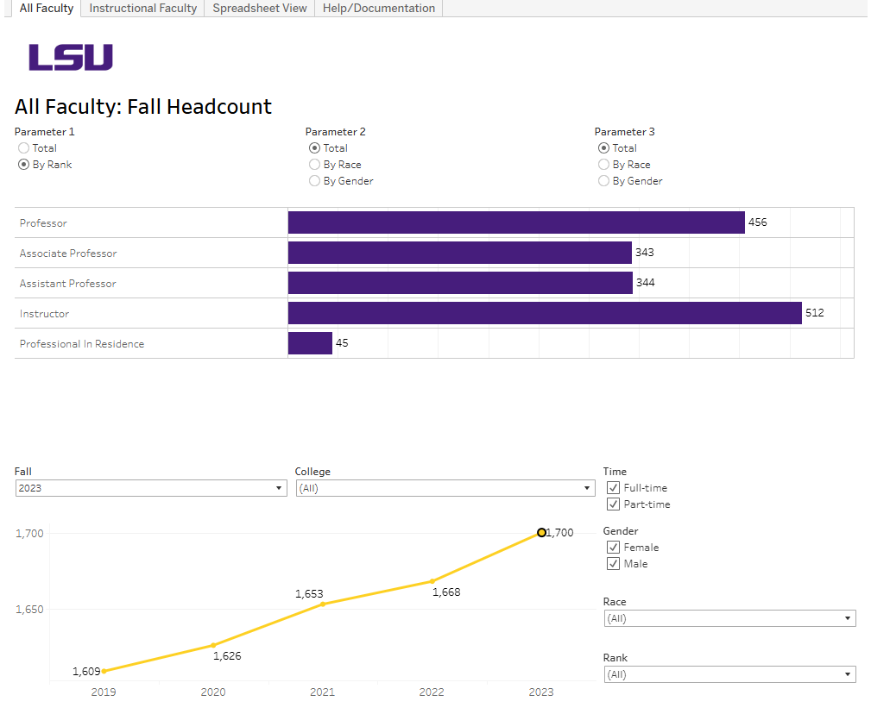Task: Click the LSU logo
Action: (71, 58)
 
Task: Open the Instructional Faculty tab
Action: (143, 9)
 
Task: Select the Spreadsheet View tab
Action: (260, 9)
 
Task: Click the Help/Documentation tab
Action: (379, 9)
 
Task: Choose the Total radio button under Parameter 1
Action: (24, 148)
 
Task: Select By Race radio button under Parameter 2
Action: (315, 165)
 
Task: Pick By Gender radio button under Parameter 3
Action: (604, 181)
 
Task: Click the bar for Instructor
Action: (544, 313)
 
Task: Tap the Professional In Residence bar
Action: (310, 343)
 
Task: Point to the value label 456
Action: (757, 222)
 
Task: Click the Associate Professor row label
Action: (68, 254)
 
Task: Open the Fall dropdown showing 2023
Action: (150, 488)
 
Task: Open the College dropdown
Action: (445, 488)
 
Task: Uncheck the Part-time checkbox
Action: (614, 504)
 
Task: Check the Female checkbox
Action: (614, 548)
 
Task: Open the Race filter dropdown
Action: (729, 618)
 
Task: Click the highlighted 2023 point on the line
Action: (541, 533)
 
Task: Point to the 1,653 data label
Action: (309, 594)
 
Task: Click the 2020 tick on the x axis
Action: (213, 692)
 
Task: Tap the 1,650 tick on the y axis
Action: (30, 610)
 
